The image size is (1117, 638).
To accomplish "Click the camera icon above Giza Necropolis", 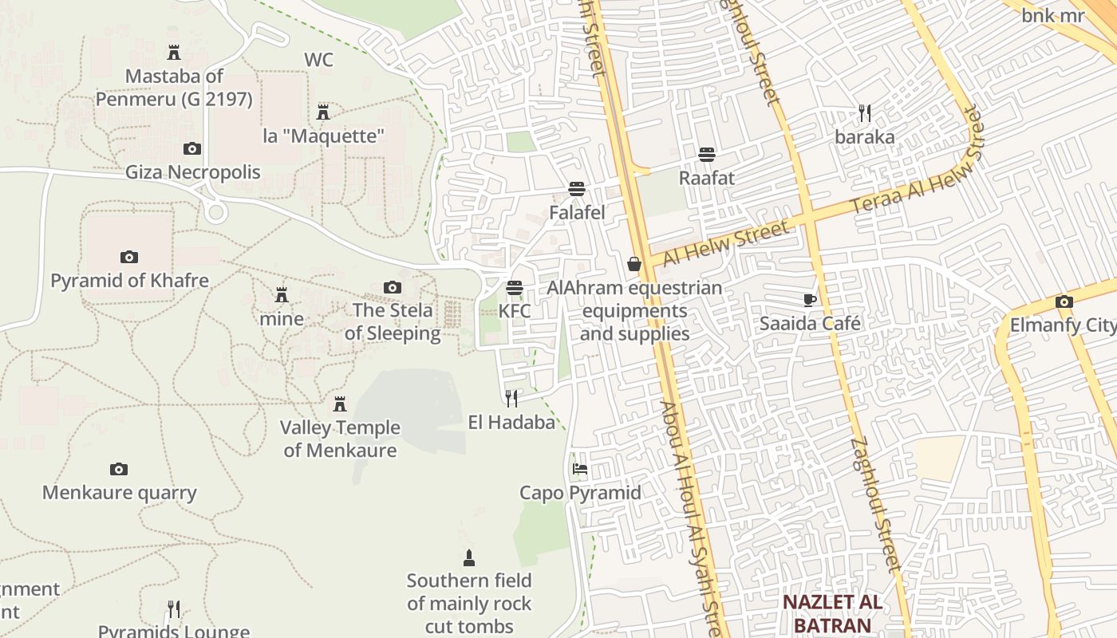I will [192, 148].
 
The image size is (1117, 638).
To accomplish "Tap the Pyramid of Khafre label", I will [129, 281].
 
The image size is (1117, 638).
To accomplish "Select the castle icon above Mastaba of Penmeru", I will [174, 53].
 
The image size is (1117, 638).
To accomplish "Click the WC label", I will [318, 60].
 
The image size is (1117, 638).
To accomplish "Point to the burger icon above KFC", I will [515, 287].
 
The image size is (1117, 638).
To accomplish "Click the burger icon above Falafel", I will [577, 189].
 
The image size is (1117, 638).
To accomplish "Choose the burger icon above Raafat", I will [707, 154].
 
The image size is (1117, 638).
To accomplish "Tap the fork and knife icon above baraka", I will [865, 112].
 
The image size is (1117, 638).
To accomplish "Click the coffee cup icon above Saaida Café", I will [810, 300].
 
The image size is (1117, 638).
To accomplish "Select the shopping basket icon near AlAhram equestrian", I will [634, 263].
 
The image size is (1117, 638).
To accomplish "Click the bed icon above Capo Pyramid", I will [580, 469].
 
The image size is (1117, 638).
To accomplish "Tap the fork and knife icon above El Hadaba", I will [511, 398].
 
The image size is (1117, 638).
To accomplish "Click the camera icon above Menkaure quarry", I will [119, 469].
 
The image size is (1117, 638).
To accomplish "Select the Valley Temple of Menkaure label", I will [340, 439].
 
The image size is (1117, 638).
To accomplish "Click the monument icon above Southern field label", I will [469, 557].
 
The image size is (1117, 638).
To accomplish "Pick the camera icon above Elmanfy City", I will [1064, 301].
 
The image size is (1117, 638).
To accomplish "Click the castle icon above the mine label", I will [282, 295].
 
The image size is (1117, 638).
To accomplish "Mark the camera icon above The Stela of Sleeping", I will [393, 287].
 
